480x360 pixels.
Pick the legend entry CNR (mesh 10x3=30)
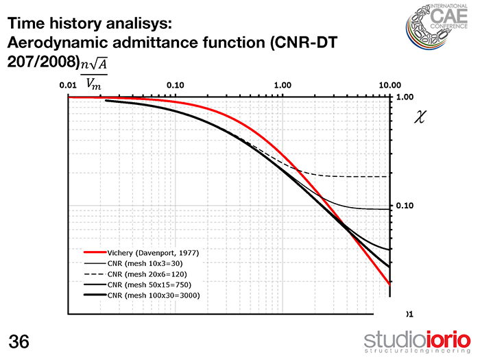[x=145, y=263]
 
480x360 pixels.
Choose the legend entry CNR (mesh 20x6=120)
[x=147, y=273]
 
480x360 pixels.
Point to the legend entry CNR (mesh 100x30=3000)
[x=154, y=294]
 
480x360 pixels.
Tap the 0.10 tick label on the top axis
[x=176, y=85]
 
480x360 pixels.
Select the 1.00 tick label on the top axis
[x=283, y=85]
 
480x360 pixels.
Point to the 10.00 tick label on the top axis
[x=389, y=85]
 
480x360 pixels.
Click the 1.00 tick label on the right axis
[x=405, y=97]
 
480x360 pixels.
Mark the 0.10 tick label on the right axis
[x=405, y=206]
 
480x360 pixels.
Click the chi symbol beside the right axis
[x=420, y=117]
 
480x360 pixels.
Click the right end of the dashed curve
[x=388, y=176]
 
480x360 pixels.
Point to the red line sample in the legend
[x=92, y=252]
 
